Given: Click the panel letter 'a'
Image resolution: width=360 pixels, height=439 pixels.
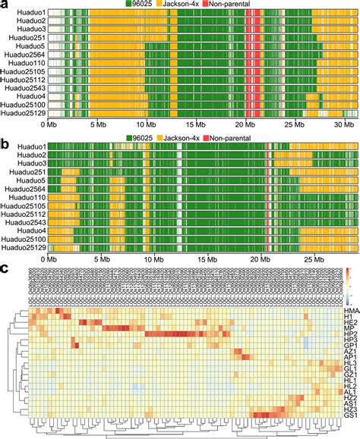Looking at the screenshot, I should (5, 5).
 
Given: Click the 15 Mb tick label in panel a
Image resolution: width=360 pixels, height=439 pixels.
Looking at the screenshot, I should (195, 124).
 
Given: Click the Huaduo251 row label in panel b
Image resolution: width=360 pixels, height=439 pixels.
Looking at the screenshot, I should (28, 172).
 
